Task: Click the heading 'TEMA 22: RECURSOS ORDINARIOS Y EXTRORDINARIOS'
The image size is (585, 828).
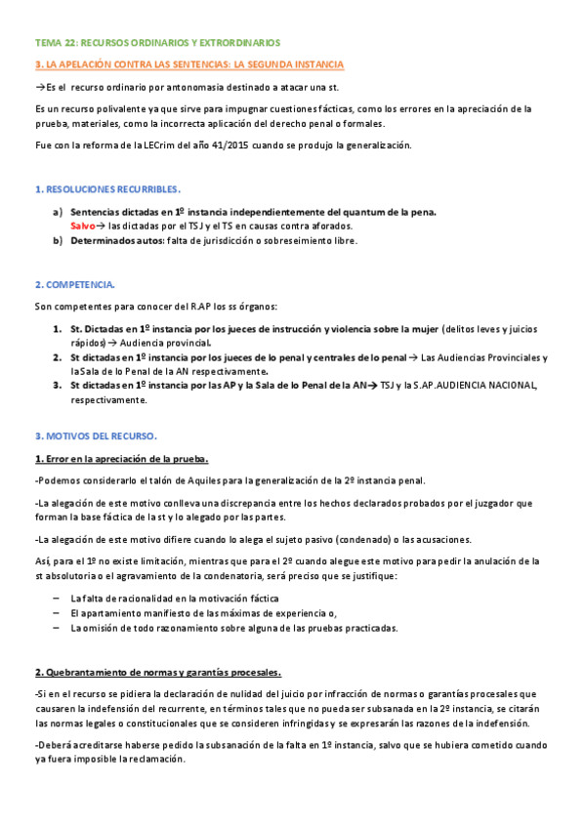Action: click(157, 43)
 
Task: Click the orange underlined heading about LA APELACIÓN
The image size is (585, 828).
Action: click(188, 64)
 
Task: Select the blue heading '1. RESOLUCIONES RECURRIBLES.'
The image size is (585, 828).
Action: click(107, 188)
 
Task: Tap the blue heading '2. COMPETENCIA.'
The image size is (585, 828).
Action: click(75, 284)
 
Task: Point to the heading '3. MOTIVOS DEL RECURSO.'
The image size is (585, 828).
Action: click(96, 435)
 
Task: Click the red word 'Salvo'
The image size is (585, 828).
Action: click(83, 226)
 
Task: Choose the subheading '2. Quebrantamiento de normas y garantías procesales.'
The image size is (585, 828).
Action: click(157, 645)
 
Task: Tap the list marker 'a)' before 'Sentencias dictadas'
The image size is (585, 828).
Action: click(58, 212)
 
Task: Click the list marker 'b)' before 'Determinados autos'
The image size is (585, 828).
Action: click(58, 240)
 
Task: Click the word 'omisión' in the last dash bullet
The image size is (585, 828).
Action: click(104, 628)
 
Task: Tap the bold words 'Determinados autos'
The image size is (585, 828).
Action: click(116, 240)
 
